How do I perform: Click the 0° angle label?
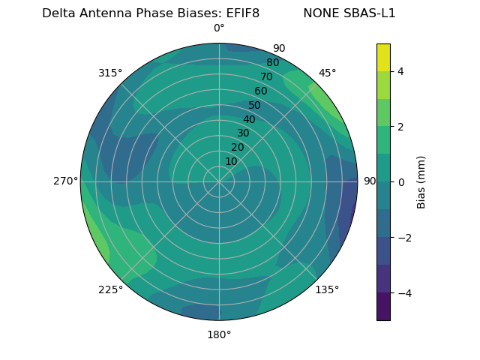(x=219, y=28)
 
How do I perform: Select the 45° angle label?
(x=327, y=73)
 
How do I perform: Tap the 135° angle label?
(x=327, y=289)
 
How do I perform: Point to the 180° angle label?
(x=219, y=334)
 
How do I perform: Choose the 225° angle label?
(x=110, y=289)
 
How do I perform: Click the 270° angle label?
(x=65, y=181)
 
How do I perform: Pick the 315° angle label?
(x=110, y=73)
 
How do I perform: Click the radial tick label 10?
(x=232, y=161)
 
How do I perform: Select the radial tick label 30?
(x=243, y=133)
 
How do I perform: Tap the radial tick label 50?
(x=255, y=105)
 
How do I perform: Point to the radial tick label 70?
(x=266, y=76)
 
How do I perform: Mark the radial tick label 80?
(x=272, y=63)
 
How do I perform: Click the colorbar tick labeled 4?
(x=401, y=71)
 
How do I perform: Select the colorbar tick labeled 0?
(x=401, y=182)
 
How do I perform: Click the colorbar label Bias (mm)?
(x=421, y=182)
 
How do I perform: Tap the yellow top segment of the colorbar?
(x=383, y=57)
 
